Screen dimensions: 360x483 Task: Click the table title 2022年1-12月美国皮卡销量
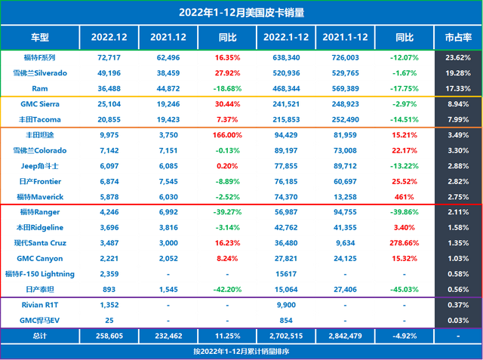pyautogui.click(x=241, y=13)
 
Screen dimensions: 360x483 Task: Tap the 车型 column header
pyautogui.click(x=39, y=36)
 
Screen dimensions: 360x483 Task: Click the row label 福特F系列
pyautogui.click(x=39, y=57)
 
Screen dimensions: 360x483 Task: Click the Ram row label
pyautogui.click(x=39, y=88)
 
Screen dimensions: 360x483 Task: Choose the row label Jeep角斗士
pyautogui.click(x=39, y=166)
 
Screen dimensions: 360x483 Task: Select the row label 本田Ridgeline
pyautogui.click(x=39, y=229)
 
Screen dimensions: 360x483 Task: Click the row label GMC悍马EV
pyautogui.click(x=39, y=321)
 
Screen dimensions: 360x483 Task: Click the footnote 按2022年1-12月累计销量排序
pyautogui.click(x=241, y=352)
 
